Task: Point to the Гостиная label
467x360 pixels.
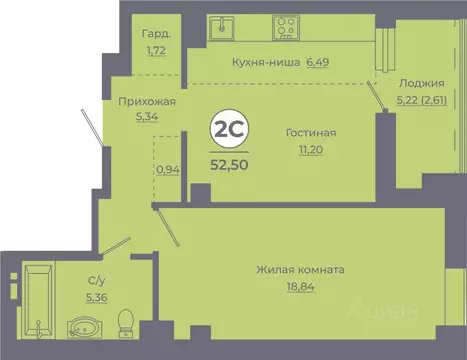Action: pyautogui.click(x=309, y=133)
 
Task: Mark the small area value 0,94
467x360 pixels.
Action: pyautogui.click(x=169, y=169)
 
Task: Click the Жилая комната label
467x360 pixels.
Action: pyautogui.click(x=300, y=270)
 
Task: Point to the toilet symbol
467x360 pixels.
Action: pyautogui.click(x=126, y=321)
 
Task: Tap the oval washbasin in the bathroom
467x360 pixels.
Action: pyautogui.click(x=80, y=328)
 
